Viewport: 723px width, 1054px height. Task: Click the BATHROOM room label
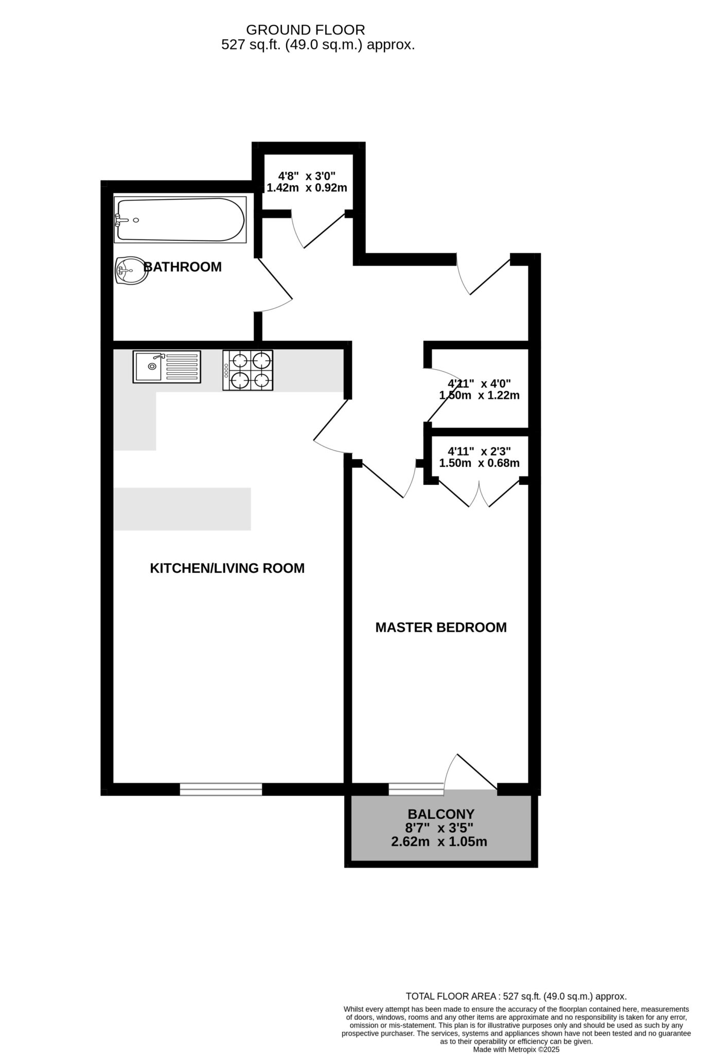tap(183, 267)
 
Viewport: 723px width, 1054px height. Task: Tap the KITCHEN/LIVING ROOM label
tap(227, 568)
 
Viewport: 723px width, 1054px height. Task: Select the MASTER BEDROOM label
tap(441, 627)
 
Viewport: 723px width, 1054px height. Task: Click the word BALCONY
tap(441, 814)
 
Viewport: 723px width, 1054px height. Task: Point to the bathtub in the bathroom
tap(180, 220)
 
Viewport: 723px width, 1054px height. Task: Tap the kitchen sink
tap(167, 366)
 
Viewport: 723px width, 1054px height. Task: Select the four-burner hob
tap(248, 370)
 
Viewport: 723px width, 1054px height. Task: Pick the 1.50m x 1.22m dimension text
tap(479, 396)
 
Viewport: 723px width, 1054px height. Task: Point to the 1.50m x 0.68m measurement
tap(479, 463)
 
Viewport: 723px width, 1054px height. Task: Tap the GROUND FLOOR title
tap(306, 30)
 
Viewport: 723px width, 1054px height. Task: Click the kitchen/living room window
tap(221, 789)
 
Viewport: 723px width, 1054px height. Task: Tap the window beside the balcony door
tap(416, 789)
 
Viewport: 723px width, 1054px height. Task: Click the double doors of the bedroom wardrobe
tap(479, 494)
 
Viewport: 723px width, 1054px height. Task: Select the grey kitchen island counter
tap(182, 509)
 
